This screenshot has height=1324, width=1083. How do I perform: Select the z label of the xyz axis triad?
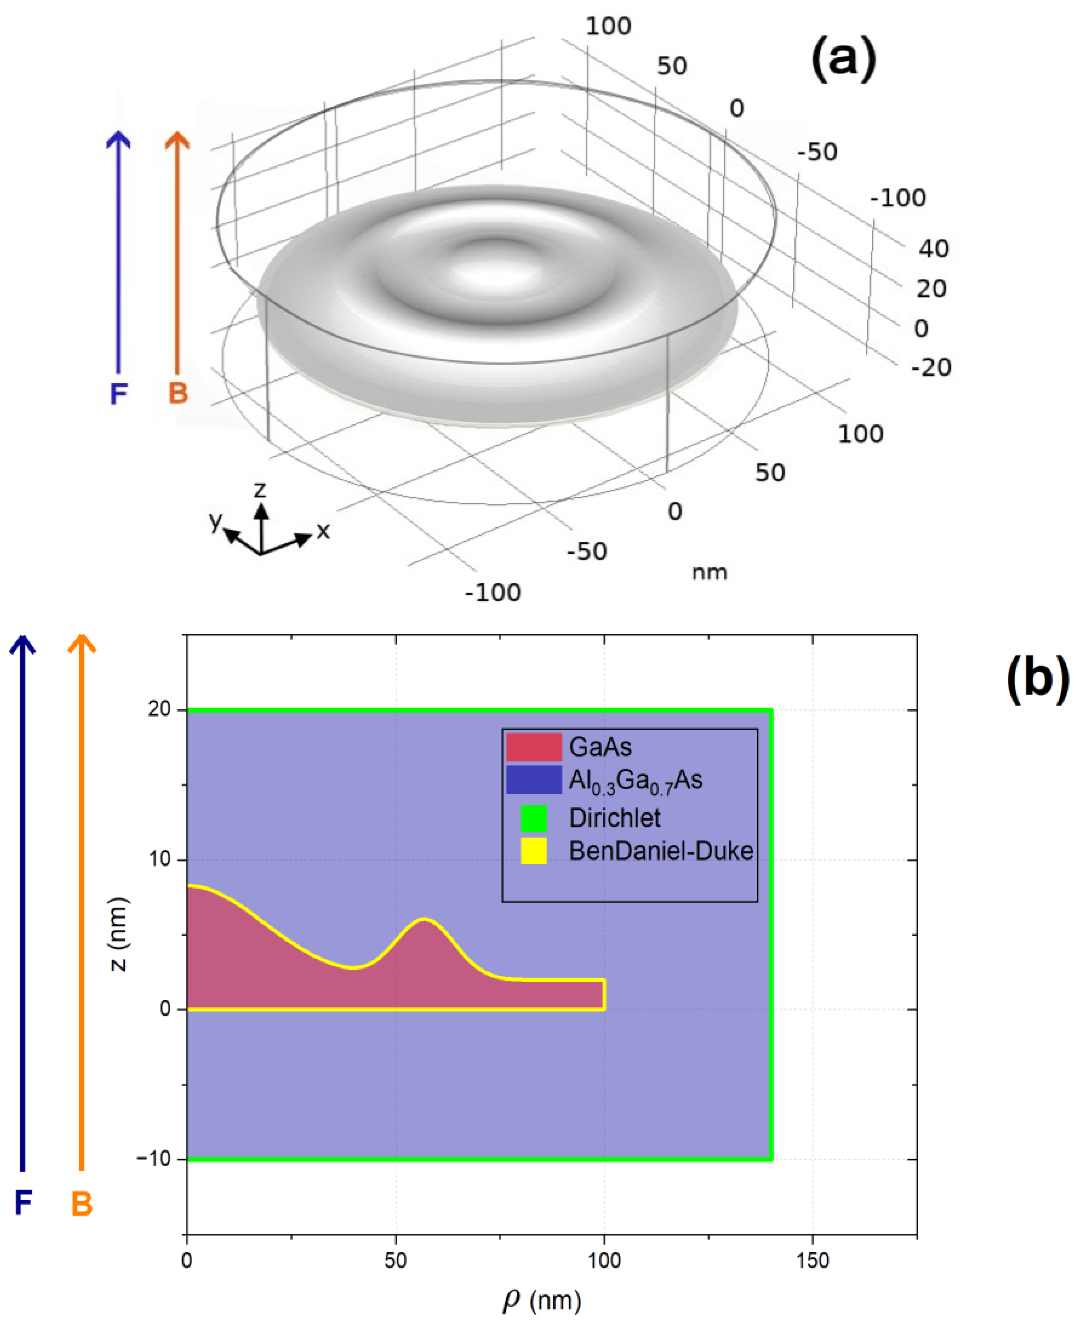point(260,489)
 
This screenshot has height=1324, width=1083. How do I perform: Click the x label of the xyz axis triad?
point(323,531)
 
